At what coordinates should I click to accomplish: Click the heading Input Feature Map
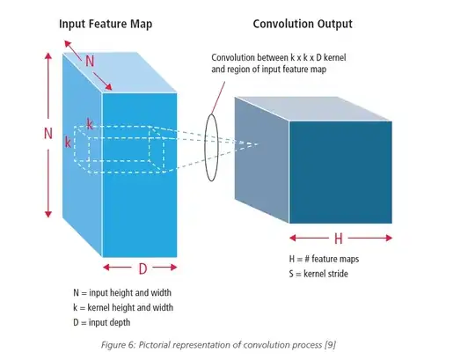[106, 24]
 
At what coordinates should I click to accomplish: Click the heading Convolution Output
[303, 24]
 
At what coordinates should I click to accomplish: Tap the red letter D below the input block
[142, 268]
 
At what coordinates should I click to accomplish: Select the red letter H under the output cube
[339, 239]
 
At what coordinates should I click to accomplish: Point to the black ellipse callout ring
[205, 147]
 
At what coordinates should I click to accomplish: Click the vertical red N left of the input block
[48, 133]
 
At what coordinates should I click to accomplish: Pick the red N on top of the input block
[90, 62]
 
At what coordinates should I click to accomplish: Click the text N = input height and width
[122, 293]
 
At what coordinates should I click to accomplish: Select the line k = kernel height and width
[123, 307]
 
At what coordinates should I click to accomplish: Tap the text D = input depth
[102, 322]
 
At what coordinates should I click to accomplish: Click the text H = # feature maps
[324, 259]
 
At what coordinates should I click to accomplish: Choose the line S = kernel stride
[318, 274]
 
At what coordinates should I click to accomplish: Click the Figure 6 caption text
[218, 345]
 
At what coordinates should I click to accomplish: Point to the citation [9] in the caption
[330, 345]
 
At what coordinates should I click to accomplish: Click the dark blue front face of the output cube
[340, 173]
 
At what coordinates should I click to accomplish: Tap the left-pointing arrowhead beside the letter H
[293, 238]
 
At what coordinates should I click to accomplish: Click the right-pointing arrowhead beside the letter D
[173, 267]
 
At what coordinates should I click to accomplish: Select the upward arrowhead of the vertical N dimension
[48, 55]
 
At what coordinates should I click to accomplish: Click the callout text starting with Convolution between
[279, 63]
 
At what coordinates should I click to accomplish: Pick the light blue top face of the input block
[120, 72]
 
